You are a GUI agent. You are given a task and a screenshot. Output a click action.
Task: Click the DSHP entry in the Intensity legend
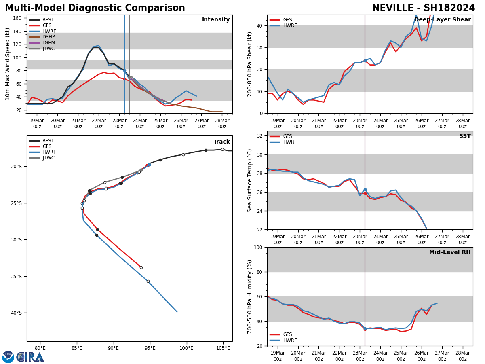click(48, 37)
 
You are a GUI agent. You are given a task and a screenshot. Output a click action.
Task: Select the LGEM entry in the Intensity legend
click(48, 43)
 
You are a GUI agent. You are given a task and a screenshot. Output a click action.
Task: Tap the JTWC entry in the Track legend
click(48, 158)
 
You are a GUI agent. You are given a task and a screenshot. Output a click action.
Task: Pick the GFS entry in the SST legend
click(287, 136)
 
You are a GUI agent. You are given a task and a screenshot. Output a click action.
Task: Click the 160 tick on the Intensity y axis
click(17, 18)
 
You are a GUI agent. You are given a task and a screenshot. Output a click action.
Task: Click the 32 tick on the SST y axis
click(260, 136)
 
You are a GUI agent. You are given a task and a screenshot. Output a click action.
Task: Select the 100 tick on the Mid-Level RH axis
click(257, 247)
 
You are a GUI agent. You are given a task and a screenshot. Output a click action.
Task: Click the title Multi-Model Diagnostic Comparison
click(95, 8)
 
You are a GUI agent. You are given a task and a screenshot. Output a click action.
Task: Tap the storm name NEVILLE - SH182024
click(423, 8)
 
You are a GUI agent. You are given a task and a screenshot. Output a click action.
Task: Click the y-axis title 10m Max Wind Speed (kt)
click(8, 64)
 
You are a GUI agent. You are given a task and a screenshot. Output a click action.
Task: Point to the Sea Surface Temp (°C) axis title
click(250, 180)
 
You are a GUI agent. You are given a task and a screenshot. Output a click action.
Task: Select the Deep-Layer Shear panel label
click(442, 20)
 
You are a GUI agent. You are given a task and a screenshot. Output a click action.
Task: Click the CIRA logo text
click(30, 357)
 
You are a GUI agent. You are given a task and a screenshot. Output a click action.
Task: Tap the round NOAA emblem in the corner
click(8, 357)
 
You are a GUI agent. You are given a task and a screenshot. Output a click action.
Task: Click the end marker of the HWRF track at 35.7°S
click(148, 281)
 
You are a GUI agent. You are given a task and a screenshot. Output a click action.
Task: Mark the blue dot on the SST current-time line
click(365, 189)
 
